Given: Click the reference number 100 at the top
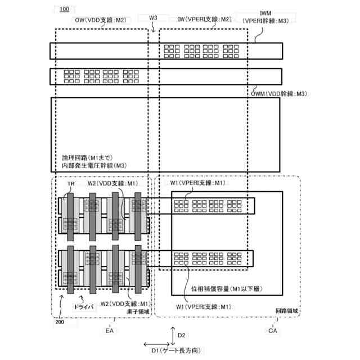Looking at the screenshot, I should coord(64,10).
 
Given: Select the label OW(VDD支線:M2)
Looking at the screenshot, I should coord(103,20).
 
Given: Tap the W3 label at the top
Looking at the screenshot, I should coord(153,18).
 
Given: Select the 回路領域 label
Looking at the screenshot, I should coord(286,310).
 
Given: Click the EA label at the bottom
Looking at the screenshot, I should coord(110,331).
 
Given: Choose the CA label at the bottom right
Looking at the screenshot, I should coord(273,331).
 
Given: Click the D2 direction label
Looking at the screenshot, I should coord(181,335).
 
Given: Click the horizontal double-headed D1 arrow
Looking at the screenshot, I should coord(155,344).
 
